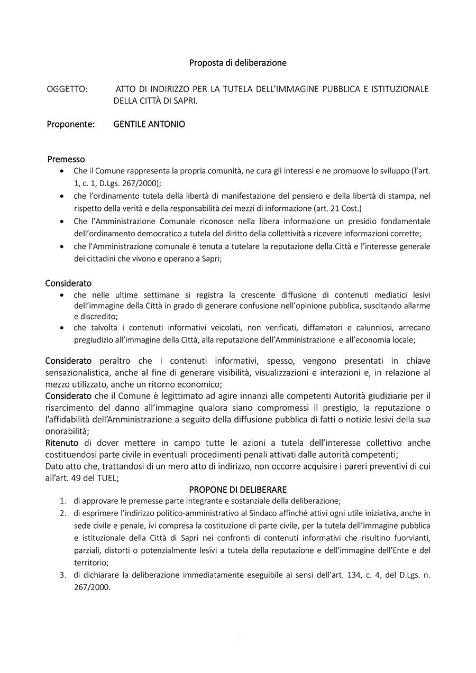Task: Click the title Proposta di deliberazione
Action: click(238, 63)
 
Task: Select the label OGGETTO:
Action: click(67, 89)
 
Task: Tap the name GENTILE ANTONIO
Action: click(149, 125)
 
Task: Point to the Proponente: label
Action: click(71, 125)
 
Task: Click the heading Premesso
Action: click(66, 159)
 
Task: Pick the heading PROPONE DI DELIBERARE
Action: click(237, 490)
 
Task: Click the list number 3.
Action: click(62, 575)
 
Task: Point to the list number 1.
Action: click(62, 501)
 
